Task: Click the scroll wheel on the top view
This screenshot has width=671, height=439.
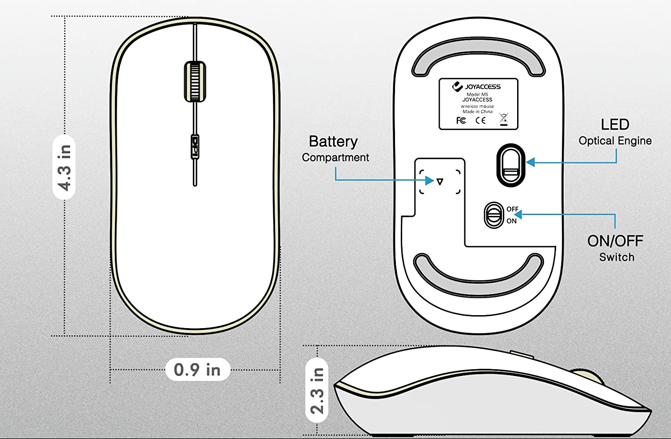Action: tap(195, 81)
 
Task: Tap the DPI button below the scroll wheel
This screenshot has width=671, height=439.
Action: tap(195, 146)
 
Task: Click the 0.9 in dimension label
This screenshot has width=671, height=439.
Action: tap(197, 370)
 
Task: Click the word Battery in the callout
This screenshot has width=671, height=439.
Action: tap(333, 142)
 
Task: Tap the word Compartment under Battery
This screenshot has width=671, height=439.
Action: tap(335, 157)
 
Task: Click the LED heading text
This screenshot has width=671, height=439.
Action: tap(615, 124)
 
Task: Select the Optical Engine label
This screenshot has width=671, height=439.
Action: tap(615, 141)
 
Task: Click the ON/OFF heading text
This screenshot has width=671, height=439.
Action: tap(615, 241)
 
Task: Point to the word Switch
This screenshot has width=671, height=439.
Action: tap(616, 257)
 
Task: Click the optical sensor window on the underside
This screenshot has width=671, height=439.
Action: tap(510, 165)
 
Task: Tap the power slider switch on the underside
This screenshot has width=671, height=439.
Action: tap(493, 215)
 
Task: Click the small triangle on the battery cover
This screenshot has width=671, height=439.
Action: tap(440, 182)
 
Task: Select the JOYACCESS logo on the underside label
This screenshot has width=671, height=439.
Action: tap(477, 86)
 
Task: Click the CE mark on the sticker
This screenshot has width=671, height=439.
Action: tap(480, 120)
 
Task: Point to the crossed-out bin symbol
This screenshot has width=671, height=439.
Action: tap(504, 119)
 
